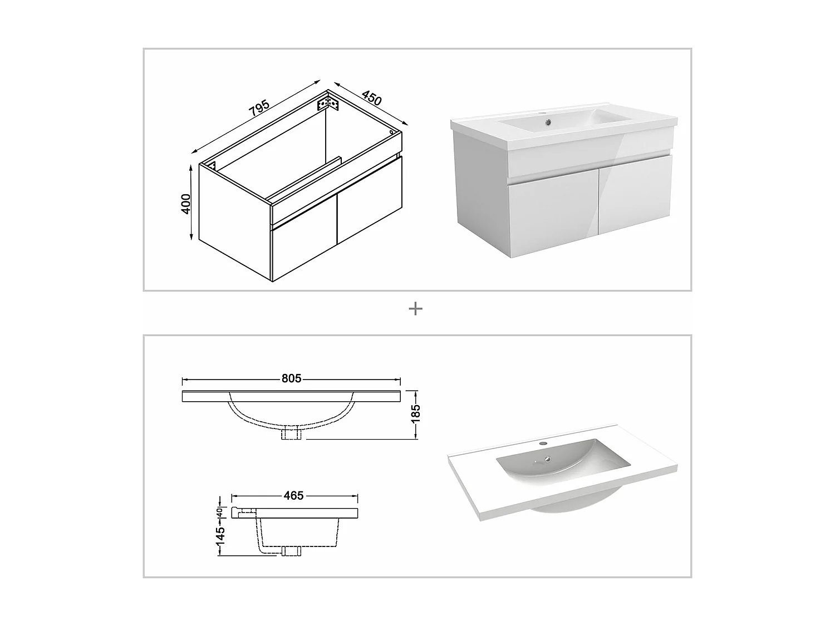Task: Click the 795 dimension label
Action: (x=259, y=107)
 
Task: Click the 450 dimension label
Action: (x=372, y=98)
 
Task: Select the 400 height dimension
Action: (x=185, y=204)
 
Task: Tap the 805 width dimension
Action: (x=291, y=378)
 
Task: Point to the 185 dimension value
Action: (x=415, y=413)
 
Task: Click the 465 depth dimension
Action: (x=294, y=496)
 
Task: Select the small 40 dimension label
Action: (x=219, y=512)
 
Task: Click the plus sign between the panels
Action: (x=415, y=309)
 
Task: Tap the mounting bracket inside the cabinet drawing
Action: (x=328, y=103)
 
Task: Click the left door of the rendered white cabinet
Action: (x=553, y=213)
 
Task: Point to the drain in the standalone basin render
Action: (x=547, y=459)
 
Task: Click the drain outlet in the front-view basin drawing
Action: (x=291, y=433)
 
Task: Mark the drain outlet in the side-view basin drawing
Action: (x=291, y=551)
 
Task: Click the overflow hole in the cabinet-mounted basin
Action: (x=548, y=122)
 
